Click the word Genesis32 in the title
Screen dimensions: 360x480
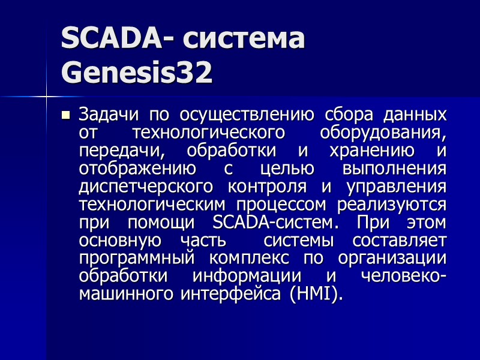[x=137, y=73]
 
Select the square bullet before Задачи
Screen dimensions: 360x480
[x=66, y=115]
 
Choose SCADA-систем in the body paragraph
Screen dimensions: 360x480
[x=271, y=222]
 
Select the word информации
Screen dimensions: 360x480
[x=255, y=277]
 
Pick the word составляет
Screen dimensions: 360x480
[x=400, y=240]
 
